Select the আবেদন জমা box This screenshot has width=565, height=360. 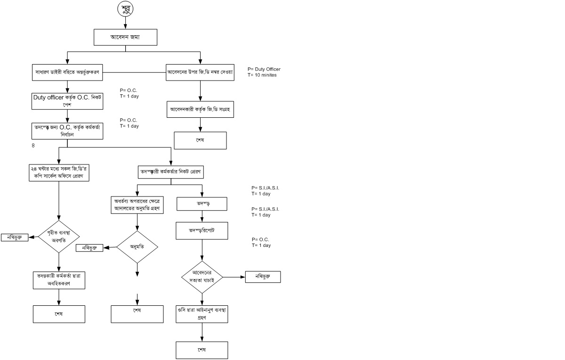click(125, 37)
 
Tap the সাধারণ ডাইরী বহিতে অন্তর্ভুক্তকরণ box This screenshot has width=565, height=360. click(67, 73)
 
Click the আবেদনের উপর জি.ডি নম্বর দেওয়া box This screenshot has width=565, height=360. click(200, 73)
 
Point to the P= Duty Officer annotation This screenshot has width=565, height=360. click(264, 69)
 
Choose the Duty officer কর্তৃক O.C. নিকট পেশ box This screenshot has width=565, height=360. click(67, 101)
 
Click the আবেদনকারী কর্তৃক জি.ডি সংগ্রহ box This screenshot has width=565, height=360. click(200, 109)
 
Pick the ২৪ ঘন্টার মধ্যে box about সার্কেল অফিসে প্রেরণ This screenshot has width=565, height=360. click(59, 172)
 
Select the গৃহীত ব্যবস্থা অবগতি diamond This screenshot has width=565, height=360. click(59, 237)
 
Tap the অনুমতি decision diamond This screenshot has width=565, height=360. click(137, 247)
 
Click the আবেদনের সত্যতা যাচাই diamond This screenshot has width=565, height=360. click(202, 277)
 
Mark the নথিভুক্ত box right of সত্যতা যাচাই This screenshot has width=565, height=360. click(263, 277)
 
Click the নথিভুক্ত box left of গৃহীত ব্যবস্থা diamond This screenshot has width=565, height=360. click(15, 237)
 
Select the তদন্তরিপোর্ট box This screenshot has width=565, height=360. click(202, 231)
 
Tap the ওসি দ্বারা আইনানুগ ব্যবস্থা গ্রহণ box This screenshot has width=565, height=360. click(202, 314)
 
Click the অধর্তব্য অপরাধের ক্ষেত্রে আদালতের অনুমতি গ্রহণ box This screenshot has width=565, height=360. click(137, 205)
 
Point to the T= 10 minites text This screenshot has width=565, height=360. click(262, 75)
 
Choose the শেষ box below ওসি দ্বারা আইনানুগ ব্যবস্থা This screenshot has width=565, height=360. click(202, 350)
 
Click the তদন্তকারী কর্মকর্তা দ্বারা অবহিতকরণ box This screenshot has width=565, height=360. click(59, 280)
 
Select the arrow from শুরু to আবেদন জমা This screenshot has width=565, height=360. click(125, 23)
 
